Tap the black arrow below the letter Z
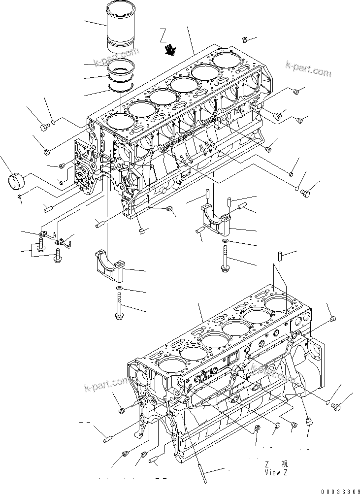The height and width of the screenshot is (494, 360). (171, 48)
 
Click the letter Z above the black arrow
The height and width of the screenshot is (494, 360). (164, 35)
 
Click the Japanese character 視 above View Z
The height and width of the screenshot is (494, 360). (284, 464)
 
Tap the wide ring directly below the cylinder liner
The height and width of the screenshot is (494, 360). (122, 68)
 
